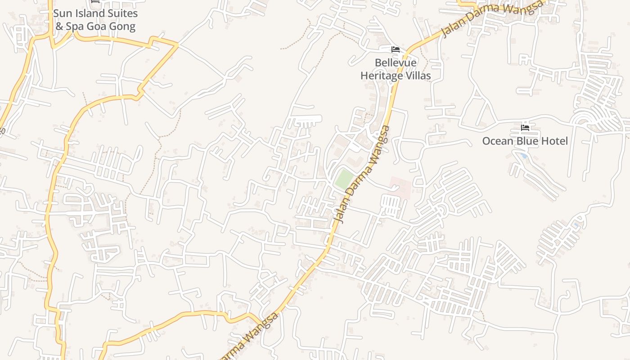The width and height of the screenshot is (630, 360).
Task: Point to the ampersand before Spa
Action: click(59, 27)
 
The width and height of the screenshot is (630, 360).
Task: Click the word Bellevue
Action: click(396, 63)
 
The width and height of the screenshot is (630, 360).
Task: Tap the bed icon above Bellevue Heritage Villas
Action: click(396, 49)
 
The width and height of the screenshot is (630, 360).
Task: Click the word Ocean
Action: click(498, 141)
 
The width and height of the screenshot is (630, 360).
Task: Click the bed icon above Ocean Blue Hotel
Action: click(525, 128)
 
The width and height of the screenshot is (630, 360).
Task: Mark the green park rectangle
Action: click(344, 179)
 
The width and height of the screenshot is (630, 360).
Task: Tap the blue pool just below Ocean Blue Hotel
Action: click(523, 156)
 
